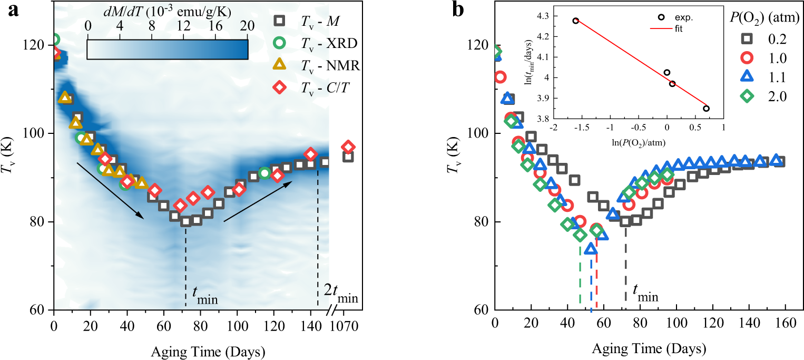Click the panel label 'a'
point(12,10)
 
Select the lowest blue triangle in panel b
point(591,249)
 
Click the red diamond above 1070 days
point(348,147)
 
